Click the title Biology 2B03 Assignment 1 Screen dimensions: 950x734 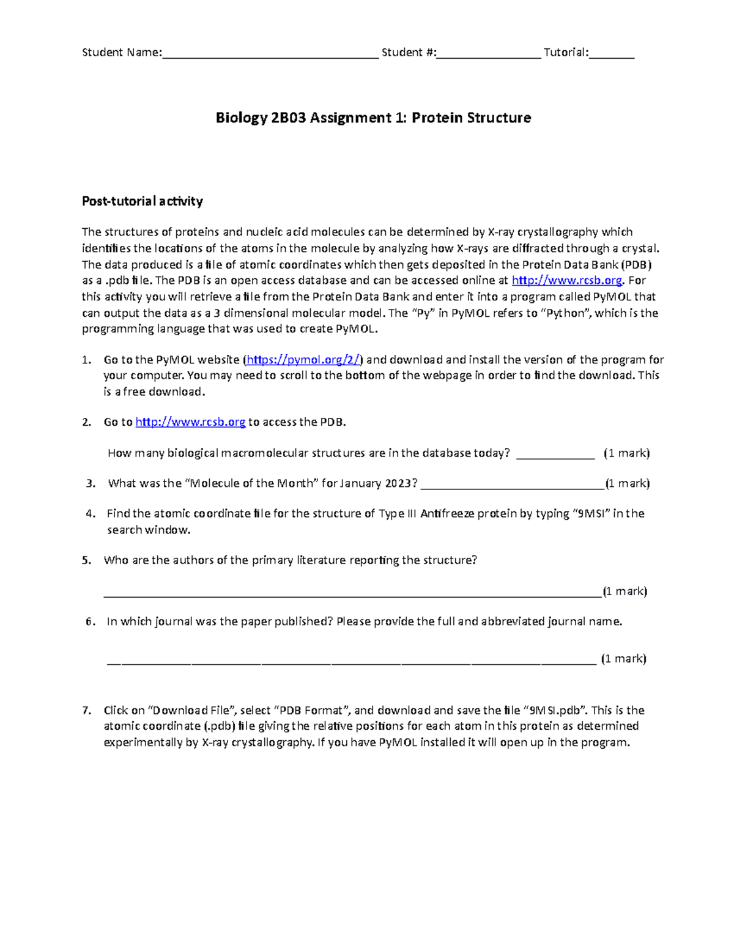[x=373, y=117]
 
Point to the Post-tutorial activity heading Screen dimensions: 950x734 [x=142, y=201]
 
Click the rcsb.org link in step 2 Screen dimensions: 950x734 [x=190, y=422]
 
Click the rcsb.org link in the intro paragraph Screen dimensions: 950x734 [x=566, y=281]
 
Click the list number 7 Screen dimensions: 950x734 [x=86, y=711]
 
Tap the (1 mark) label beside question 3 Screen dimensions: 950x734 [x=627, y=484]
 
